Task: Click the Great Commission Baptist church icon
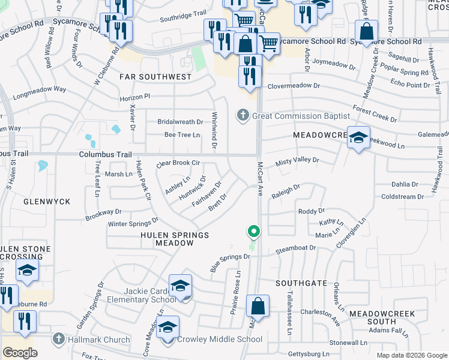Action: (x=243, y=115)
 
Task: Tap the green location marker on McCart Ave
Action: (x=254, y=231)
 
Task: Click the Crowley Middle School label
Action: (x=219, y=340)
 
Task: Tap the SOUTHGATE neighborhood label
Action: (x=301, y=283)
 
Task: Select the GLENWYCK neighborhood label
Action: (x=46, y=202)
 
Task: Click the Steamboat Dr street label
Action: (x=295, y=248)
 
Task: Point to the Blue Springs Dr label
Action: (x=230, y=262)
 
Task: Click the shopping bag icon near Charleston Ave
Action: (x=258, y=306)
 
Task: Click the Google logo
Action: (x=20, y=353)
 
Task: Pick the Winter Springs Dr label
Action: (x=132, y=223)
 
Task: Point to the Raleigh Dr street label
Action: (x=286, y=191)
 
